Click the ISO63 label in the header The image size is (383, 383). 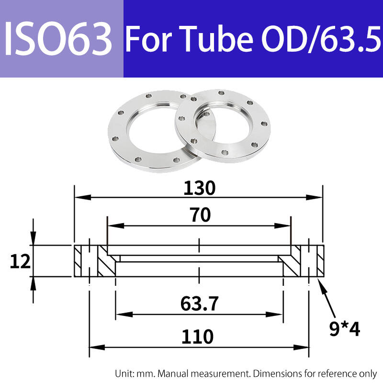click(x=58, y=38)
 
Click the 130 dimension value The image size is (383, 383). click(x=199, y=188)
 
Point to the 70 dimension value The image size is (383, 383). click(x=200, y=215)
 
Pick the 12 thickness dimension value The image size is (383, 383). click(x=20, y=261)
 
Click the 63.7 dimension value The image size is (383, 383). click(x=199, y=304)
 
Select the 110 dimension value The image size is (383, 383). click(x=197, y=337)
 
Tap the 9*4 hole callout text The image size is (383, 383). click(x=344, y=329)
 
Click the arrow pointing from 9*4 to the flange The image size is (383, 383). click(x=327, y=298)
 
